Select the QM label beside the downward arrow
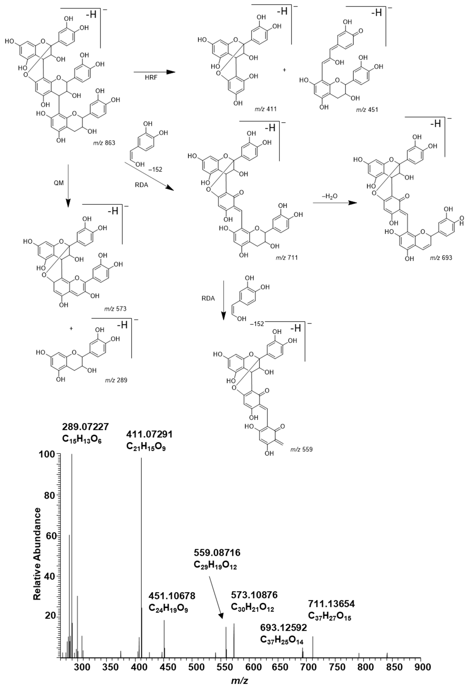coord(59,183)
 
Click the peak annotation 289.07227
coord(85,427)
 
